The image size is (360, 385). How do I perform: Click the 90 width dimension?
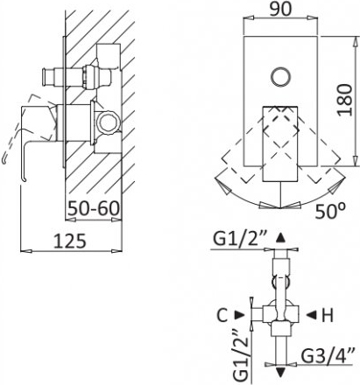(x=280, y=9)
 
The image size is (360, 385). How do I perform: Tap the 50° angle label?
(x=330, y=211)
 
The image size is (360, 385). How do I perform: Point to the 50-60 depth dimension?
(x=94, y=208)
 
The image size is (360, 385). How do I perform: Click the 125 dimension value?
(x=70, y=241)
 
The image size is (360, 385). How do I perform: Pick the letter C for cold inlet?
(x=222, y=315)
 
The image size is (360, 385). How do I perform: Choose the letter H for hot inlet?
(x=328, y=315)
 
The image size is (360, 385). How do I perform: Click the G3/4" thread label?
(x=328, y=355)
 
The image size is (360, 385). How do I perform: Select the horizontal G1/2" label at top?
(x=238, y=239)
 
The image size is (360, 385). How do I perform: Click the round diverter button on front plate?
(x=280, y=77)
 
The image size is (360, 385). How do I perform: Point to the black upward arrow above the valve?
(x=280, y=237)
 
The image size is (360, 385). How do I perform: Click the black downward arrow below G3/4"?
(x=280, y=373)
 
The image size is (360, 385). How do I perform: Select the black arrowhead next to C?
(x=240, y=315)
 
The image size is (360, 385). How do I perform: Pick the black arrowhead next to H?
(x=311, y=315)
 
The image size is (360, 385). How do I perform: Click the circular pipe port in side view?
(x=109, y=122)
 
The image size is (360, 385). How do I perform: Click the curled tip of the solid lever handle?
(x=24, y=179)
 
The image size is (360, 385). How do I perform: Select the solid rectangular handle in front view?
(x=280, y=143)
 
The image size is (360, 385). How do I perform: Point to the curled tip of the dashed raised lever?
(x=4, y=159)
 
